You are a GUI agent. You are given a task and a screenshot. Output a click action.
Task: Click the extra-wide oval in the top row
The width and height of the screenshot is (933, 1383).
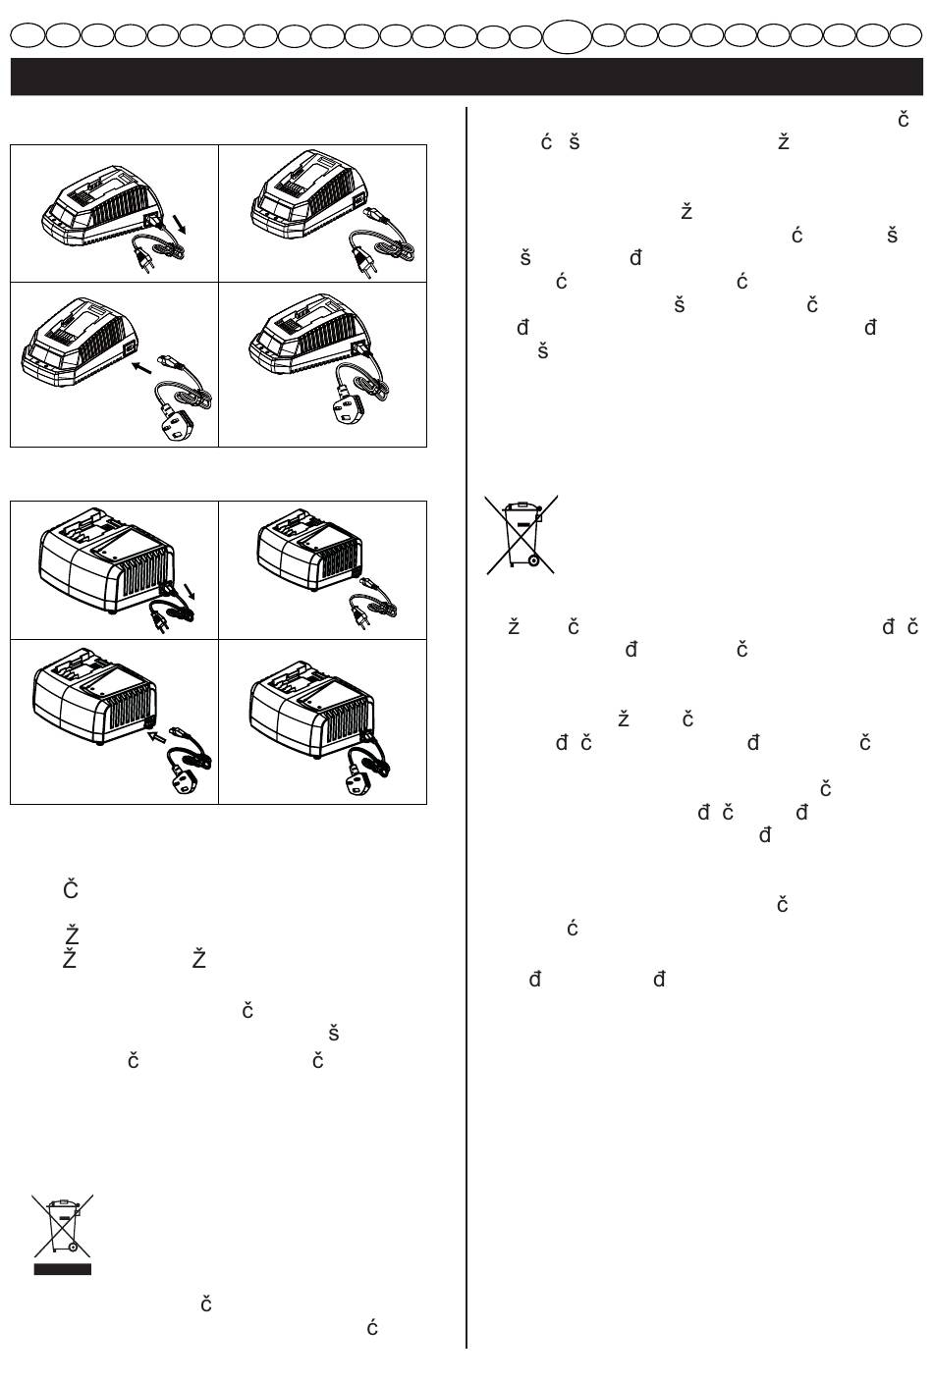click(568, 36)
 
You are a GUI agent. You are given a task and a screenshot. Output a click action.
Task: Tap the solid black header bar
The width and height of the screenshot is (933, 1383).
click(466, 76)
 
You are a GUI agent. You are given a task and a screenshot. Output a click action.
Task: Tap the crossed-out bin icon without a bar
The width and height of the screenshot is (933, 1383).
click(521, 534)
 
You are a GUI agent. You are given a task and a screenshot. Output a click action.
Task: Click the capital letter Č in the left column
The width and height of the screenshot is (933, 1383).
click(71, 889)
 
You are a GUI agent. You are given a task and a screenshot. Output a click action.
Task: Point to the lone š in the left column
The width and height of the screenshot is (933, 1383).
click(333, 1033)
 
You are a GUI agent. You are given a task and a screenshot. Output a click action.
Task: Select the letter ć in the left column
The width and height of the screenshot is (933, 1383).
click(372, 1328)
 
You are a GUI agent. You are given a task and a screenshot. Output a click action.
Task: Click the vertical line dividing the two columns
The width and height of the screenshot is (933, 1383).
click(466, 726)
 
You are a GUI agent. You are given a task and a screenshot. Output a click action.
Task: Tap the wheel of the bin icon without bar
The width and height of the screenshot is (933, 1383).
click(533, 561)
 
